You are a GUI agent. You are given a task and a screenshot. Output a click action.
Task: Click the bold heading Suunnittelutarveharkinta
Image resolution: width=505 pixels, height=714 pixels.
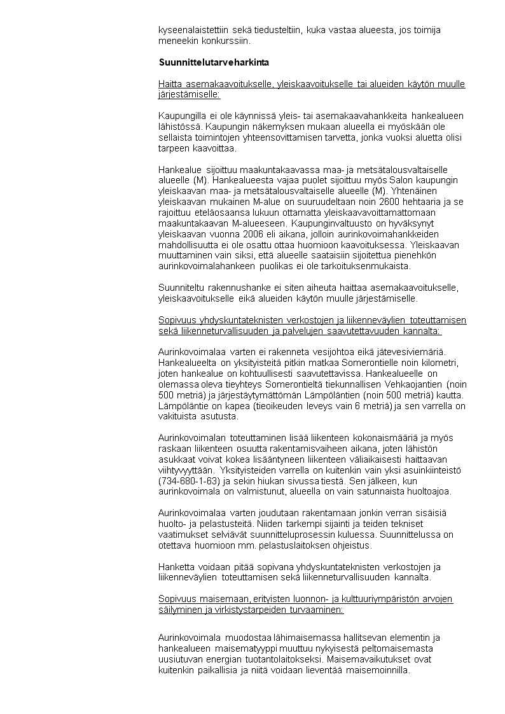click(214, 63)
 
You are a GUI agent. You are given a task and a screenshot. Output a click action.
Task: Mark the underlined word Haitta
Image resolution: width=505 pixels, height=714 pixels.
click(170, 85)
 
